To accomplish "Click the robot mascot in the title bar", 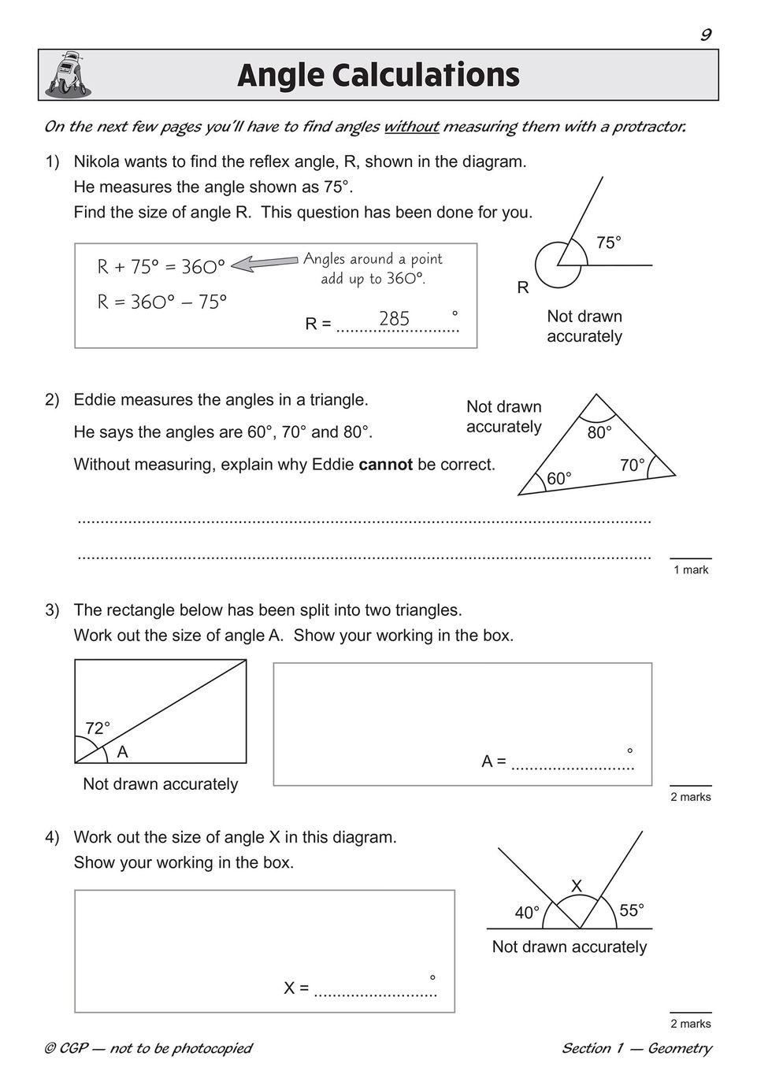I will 67,75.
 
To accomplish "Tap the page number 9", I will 705,34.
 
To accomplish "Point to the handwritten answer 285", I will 394,319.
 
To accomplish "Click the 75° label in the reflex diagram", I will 608,243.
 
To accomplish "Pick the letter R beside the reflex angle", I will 523,288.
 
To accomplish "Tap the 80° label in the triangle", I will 599,433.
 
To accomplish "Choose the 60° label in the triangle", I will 558,478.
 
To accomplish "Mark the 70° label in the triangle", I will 632,465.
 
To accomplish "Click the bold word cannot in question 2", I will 385,465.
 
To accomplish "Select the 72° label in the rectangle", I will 98,728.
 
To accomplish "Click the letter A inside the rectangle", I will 122,753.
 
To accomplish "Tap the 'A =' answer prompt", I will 494,762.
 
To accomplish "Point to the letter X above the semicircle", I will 577,886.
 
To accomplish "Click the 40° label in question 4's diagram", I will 527,913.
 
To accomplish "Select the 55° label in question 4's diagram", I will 632,910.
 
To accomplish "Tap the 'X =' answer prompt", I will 296,988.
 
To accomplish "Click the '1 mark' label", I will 691,569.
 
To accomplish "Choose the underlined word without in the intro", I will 411,127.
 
